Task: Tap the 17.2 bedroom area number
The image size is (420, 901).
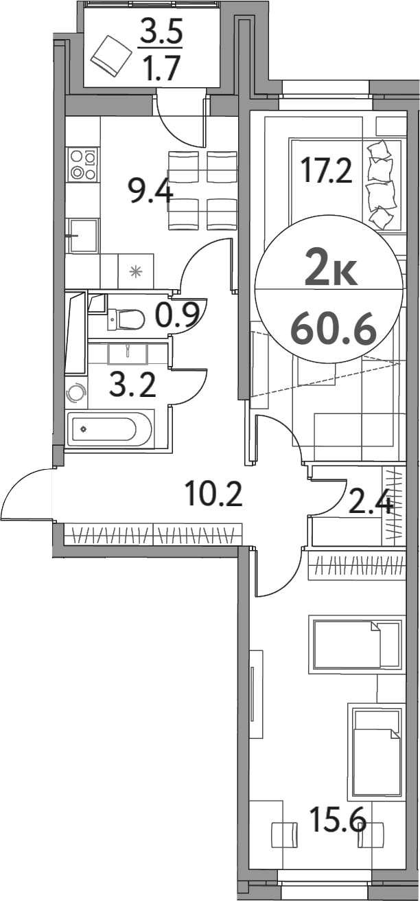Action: (x=327, y=170)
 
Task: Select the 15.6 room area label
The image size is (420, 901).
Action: (x=336, y=819)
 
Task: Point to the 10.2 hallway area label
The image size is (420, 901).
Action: (x=213, y=493)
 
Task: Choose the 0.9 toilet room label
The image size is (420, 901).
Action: (x=177, y=315)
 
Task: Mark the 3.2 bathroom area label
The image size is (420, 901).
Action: (x=132, y=385)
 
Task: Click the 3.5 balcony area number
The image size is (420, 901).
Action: (x=161, y=32)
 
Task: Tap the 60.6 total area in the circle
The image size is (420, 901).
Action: (x=334, y=330)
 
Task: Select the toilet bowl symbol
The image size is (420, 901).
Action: (x=127, y=319)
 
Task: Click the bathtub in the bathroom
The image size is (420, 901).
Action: (x=110, y=430)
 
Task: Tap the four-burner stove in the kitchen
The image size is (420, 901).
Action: (x=83, y=165)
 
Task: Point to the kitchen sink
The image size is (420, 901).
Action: (x=83, y=236)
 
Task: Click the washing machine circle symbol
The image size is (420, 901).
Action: (x=76, y=394)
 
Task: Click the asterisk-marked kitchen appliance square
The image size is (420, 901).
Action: (x=136, y=271)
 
